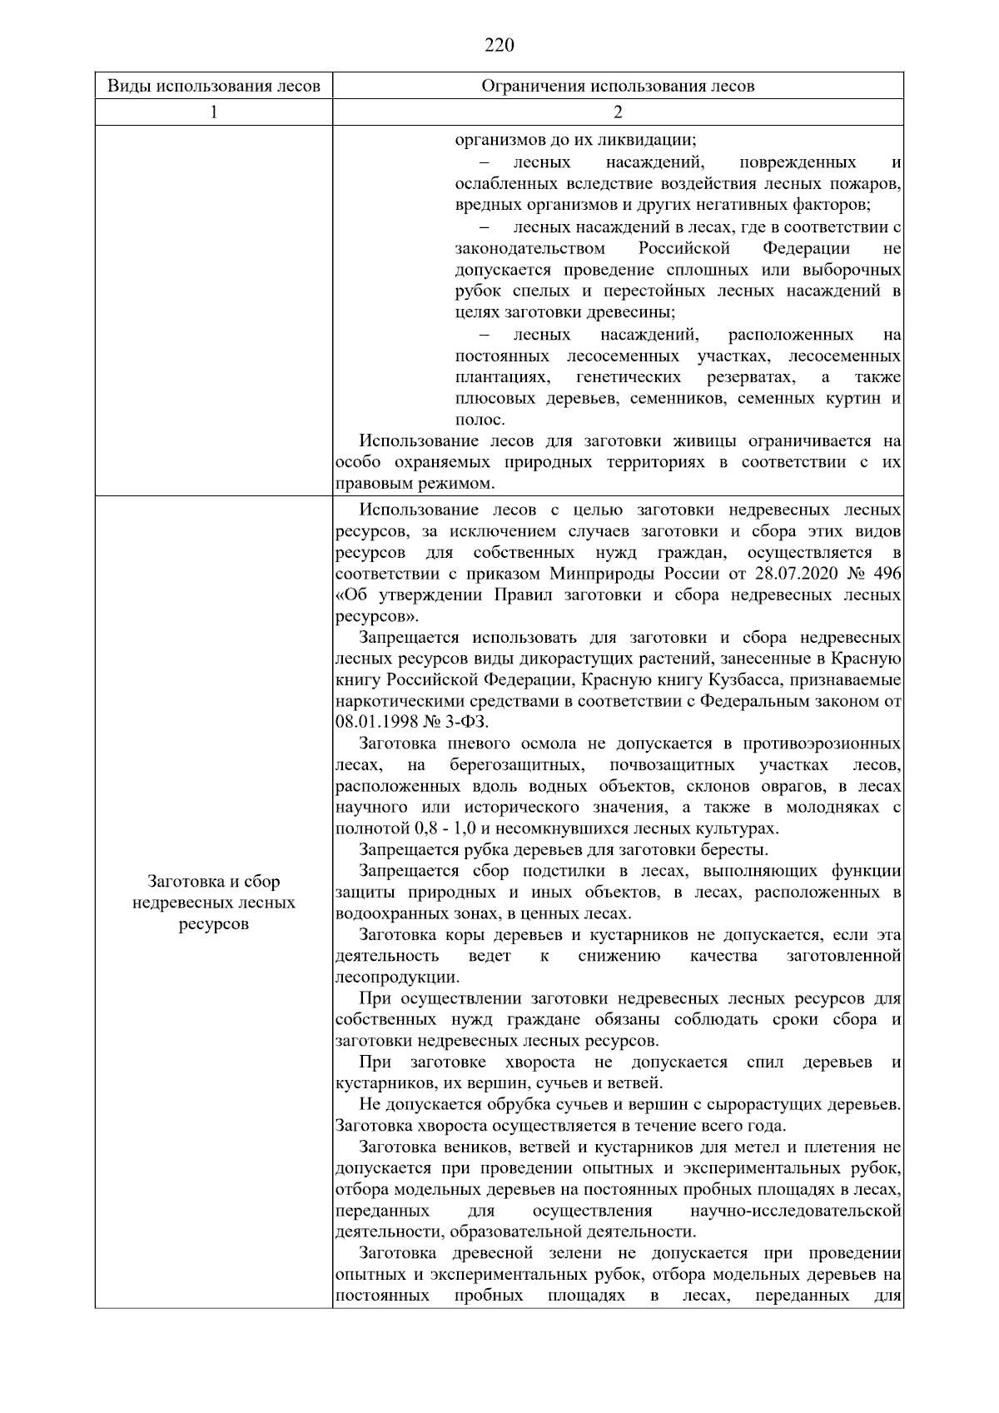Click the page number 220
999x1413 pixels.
click(x=499, y=45)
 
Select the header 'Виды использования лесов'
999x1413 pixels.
click(x=214, y=86)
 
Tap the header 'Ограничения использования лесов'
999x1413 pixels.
click(x=618, y=86)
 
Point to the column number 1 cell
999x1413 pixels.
click(x=214, y=112)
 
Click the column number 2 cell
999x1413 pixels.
click(x=618, y=112)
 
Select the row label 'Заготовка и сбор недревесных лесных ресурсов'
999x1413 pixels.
click(x=214, y=903)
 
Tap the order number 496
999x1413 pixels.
click(x=888, y=575)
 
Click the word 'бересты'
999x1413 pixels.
click(x=737, y=850)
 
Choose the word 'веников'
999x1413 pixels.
click(x=469, y=1147)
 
